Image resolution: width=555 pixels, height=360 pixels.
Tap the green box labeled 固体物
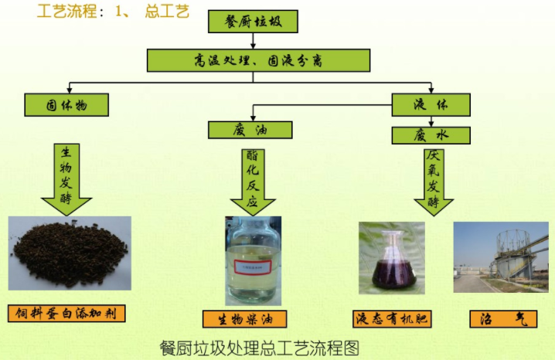pyautogui.click(x=66, y=104)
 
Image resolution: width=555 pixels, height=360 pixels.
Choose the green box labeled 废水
pyautogui.click(x=431, y=135)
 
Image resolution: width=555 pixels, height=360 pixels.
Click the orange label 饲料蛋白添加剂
pyautogui.click(x=66, y=314)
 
